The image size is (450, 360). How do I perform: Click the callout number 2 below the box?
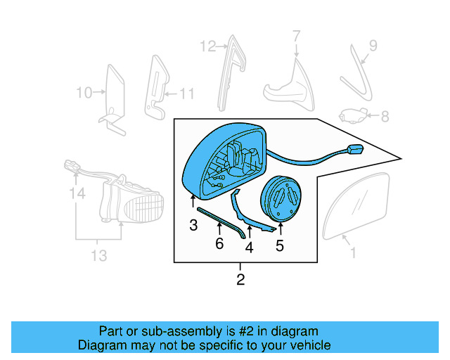point(240,279)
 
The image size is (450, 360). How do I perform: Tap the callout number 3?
point(193,225)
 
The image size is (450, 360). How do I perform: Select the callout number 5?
point(280,245)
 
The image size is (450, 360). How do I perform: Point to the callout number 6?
point(219,243)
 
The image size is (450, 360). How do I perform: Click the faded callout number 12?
point(208,46)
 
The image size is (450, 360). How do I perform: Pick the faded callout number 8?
point(385,117)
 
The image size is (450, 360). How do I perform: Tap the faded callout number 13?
point(99,255)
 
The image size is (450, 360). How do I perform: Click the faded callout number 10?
point(84,93)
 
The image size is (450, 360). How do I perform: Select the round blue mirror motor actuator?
point(281,199)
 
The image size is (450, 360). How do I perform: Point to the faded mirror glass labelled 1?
point(356,206)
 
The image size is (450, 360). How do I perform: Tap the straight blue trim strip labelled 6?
point(221,223)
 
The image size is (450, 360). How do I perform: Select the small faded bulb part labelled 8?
point(353,115)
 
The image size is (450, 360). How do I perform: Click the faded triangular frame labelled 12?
point(232,73)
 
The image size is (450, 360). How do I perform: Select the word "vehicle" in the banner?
point(313,345)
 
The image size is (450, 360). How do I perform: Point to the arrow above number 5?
point(281,229)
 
